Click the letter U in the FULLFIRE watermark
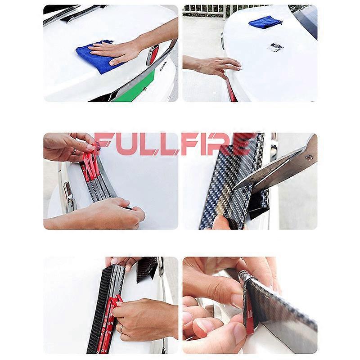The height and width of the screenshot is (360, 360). (x=124, y=144)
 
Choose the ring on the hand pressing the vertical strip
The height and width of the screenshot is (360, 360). (x=121, y=329)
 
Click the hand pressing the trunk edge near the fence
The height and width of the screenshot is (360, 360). (x=211, y=65)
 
